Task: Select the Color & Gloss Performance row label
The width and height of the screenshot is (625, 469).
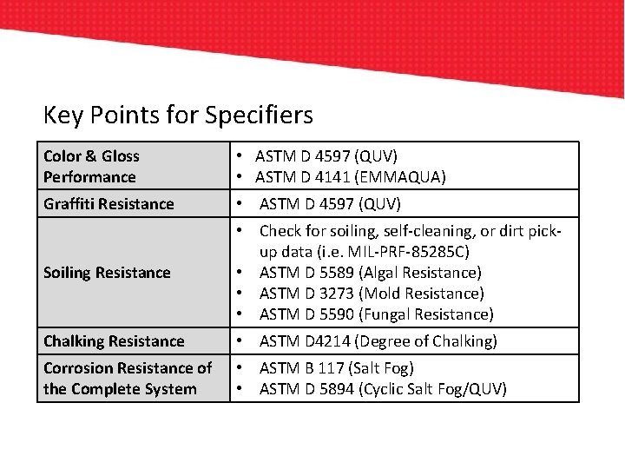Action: [x=90, y=167]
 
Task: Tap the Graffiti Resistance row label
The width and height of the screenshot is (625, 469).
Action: [x=109, y=204]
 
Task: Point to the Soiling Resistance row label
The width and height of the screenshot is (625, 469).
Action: [x=107, y=273]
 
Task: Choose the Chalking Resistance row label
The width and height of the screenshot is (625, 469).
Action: [x=114, y=341]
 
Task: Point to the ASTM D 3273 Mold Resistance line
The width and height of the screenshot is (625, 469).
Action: [x=372, y=294]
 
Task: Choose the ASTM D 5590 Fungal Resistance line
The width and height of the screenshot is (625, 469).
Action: [x=376, y=314]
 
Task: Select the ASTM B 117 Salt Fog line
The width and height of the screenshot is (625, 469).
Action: [x=337, y=368]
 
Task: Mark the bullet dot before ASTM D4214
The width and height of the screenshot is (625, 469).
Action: [x=238, y=341]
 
